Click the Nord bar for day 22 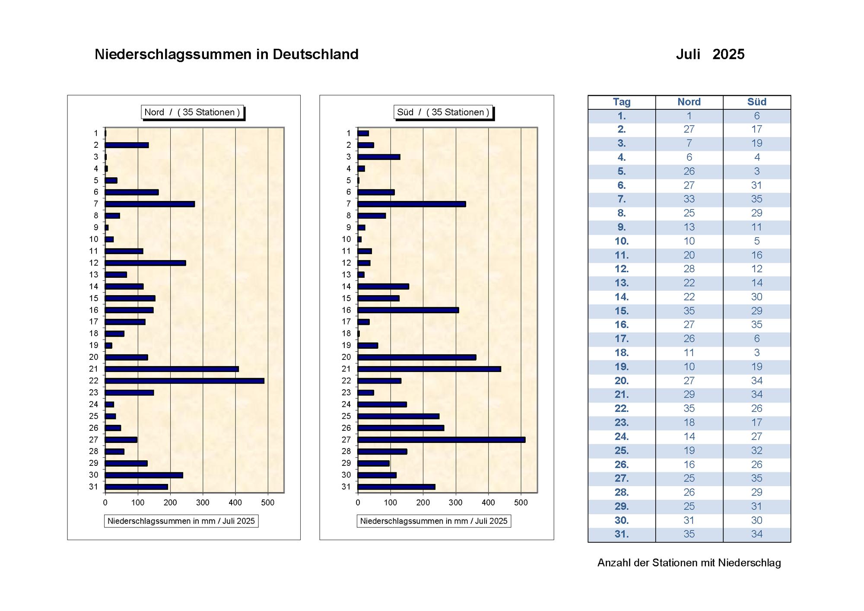(x=184, y=381)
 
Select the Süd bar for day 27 (x=442, y=439)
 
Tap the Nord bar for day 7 (x=150, y=204)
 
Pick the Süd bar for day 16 (x=408, y=310)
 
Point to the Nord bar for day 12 (x=146, y=263)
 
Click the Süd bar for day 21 (x=429, y=369)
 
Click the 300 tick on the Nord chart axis (x=203, y=503)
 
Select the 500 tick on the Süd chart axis (x=521, y=503)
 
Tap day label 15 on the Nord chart (x=94, y=298)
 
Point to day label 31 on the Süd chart (x=346, y=487)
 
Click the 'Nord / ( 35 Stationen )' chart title (x=192, y=112)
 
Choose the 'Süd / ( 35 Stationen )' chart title (x=443, y=112)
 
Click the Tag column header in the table (x=622, y=102)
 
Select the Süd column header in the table (x=757, y=102)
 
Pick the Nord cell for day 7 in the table (x=689, y=199)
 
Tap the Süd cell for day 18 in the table (x=757, y=353)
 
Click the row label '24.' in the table (x=622, y=436)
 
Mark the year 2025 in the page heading (x=728, y=54)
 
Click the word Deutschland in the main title (x=315, y=54)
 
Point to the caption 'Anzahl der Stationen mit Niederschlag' (x=689, y=563)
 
